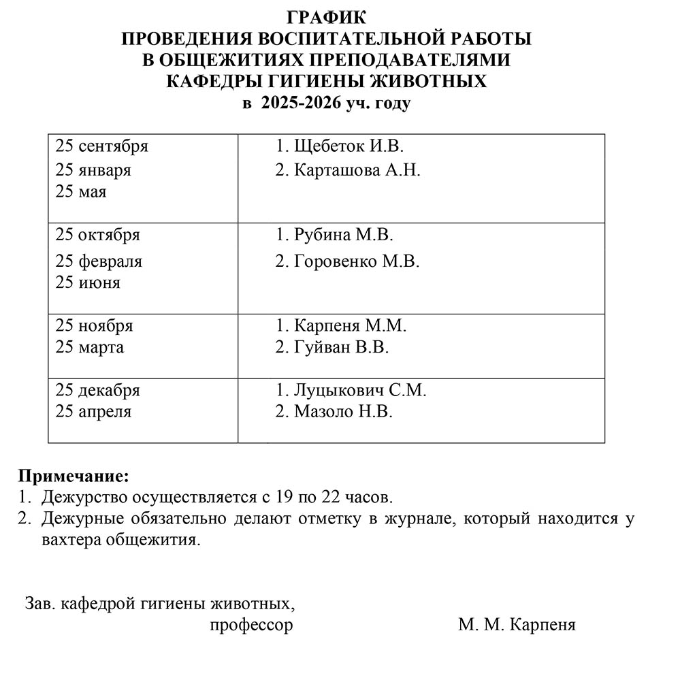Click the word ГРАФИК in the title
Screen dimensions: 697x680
326,18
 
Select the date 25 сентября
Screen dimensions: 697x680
102,146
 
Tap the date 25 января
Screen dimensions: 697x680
93,170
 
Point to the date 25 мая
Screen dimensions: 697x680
81,192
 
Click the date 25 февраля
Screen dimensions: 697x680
99,261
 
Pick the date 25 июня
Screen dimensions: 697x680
88,282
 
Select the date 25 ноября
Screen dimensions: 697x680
95,325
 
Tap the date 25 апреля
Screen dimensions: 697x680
94,412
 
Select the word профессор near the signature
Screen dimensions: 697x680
252,625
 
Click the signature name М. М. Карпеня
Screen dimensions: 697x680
517,625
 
